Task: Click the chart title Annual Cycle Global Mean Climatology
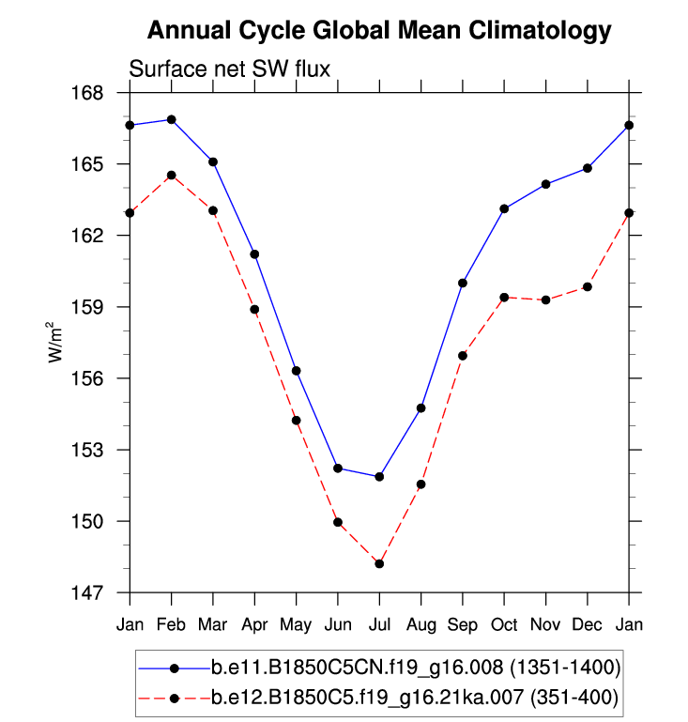click(379, 31)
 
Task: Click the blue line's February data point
click(171, 119)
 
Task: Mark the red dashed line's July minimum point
click(379, 563)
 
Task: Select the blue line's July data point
click(379, 477)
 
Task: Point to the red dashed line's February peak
click(171, 175)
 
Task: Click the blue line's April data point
click(254, 254)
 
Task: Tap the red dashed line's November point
click(545, 300)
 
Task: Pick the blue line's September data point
click(463, 283)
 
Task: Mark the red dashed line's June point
click(338, 522)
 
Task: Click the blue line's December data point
click(588, 168)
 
